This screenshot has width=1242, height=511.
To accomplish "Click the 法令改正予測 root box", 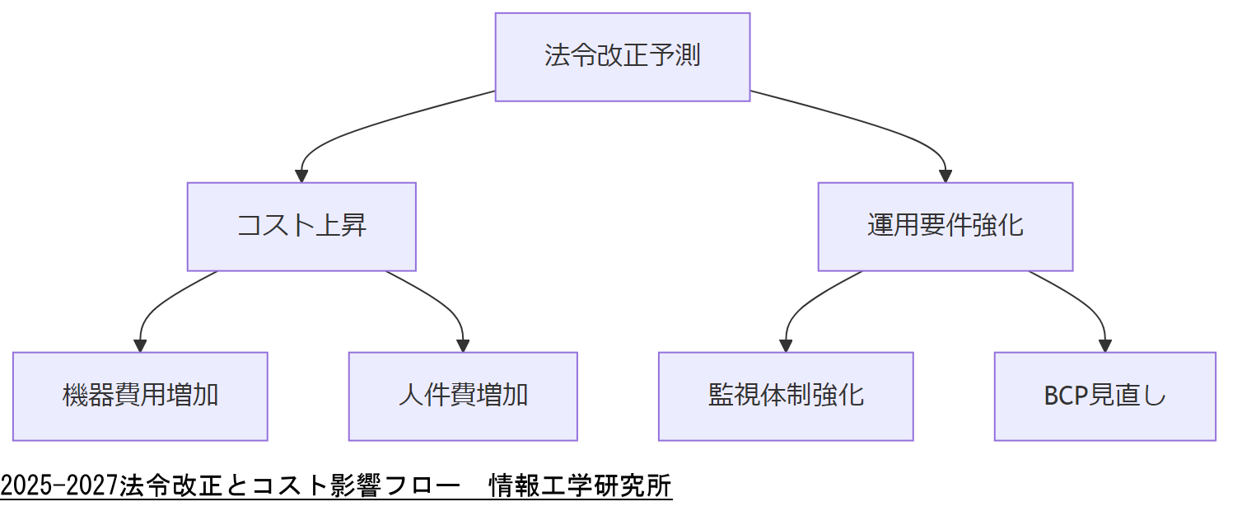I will click(x=622, y=57).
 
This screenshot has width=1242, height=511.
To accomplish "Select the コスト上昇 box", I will click(x=301, y=227).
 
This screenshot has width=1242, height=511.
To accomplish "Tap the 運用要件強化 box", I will click(x=945, y=227).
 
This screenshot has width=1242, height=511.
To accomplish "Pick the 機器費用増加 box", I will click(x=140, y=396).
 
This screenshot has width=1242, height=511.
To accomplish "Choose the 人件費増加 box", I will click(x=463, y=396).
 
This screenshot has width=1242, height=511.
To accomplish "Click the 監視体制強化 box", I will click(x=786, y=396).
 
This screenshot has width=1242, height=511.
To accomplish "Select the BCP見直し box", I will click(x=1104, y=396).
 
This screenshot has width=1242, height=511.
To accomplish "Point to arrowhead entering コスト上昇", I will click(x=301, y=176).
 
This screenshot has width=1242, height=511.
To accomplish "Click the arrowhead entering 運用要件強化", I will click(x=945, y=176).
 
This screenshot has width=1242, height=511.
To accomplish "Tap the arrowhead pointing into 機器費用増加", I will click(x=140, y=345).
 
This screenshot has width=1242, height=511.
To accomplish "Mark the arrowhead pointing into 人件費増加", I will click(x=463, y=345).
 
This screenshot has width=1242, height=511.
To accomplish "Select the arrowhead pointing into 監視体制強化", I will click(x=786, y=345).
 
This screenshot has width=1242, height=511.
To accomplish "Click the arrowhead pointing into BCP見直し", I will click(x=1104, y=345).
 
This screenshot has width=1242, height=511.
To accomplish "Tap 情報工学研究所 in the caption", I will click(x=580, y=486).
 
